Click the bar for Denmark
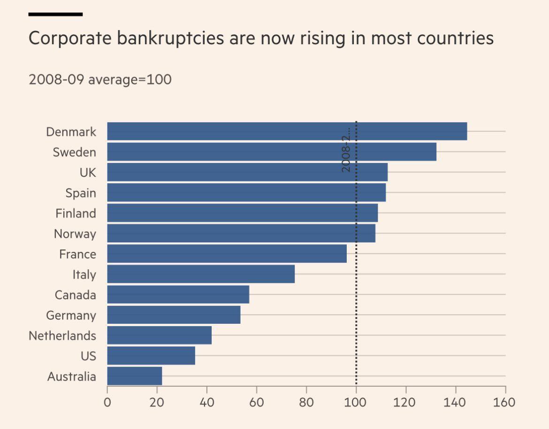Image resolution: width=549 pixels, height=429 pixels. [287, 131]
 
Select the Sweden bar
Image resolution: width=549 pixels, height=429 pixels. [271, 152]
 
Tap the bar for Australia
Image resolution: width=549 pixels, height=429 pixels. [134, 376]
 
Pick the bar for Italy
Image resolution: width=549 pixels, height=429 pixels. [201, 274]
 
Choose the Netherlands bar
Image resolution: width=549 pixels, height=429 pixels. [159, 335]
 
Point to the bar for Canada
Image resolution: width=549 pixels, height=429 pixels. [178, 295]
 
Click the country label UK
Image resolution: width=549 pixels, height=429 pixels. [88, 172]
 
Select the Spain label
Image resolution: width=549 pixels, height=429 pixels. [81, 193]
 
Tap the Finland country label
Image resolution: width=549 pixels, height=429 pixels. [76, 213]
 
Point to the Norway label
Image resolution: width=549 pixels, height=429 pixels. [75, 234]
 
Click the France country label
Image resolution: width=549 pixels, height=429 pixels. [77, 254]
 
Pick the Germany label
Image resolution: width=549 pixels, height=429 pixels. [71, 315]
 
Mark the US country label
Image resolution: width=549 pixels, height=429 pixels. [88, 356]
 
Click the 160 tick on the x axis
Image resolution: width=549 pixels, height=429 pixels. [505, 403]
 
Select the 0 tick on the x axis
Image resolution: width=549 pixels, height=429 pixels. [107, 403]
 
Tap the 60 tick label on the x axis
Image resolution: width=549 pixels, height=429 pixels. [256, 403]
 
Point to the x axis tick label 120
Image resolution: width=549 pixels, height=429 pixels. [405, 403]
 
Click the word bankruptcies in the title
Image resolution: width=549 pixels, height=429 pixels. [169, 38]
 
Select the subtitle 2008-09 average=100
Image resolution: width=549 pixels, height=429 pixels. [100, 79]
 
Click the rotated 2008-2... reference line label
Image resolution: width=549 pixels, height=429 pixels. [346, 149]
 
